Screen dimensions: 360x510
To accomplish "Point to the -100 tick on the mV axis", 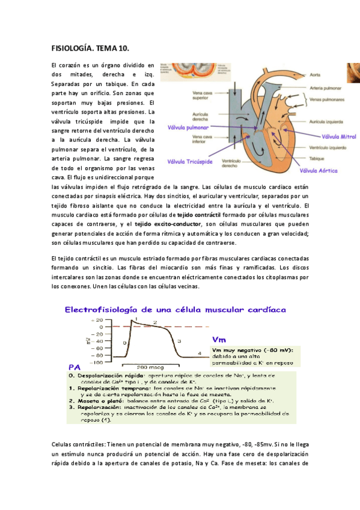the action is [79, 362].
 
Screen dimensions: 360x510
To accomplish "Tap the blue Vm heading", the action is [219, 339].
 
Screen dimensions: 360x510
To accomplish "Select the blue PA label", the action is [75, 367].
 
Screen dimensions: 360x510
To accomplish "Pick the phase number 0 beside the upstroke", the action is [124, 342].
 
